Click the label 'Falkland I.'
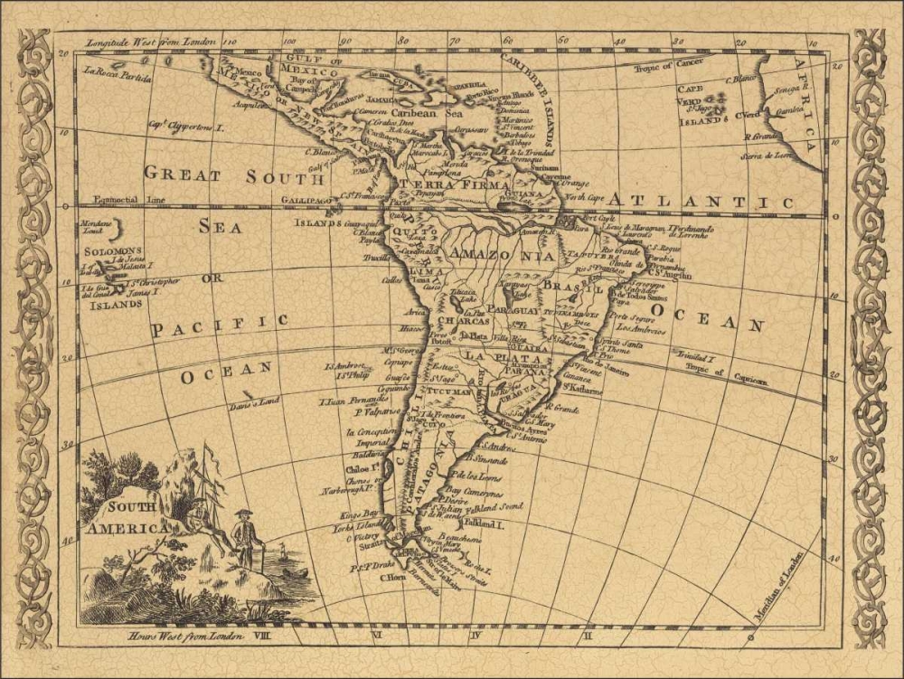pos(482,523)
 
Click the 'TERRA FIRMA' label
pos(440,184)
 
